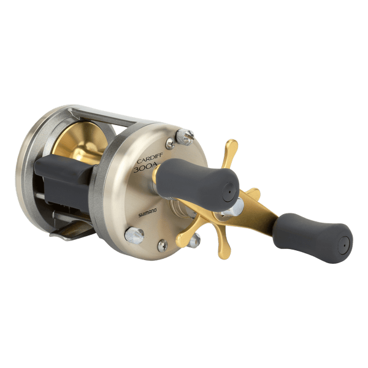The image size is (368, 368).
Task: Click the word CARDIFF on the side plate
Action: (150, 160)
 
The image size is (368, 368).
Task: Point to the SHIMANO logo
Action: (147, 213)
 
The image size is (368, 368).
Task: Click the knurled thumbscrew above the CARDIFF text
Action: (185, 137)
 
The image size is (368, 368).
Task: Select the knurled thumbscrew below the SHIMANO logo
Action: (134, 235)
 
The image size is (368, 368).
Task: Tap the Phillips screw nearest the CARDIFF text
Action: (170, 144)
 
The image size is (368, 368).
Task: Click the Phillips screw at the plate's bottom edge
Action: (163, 245)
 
